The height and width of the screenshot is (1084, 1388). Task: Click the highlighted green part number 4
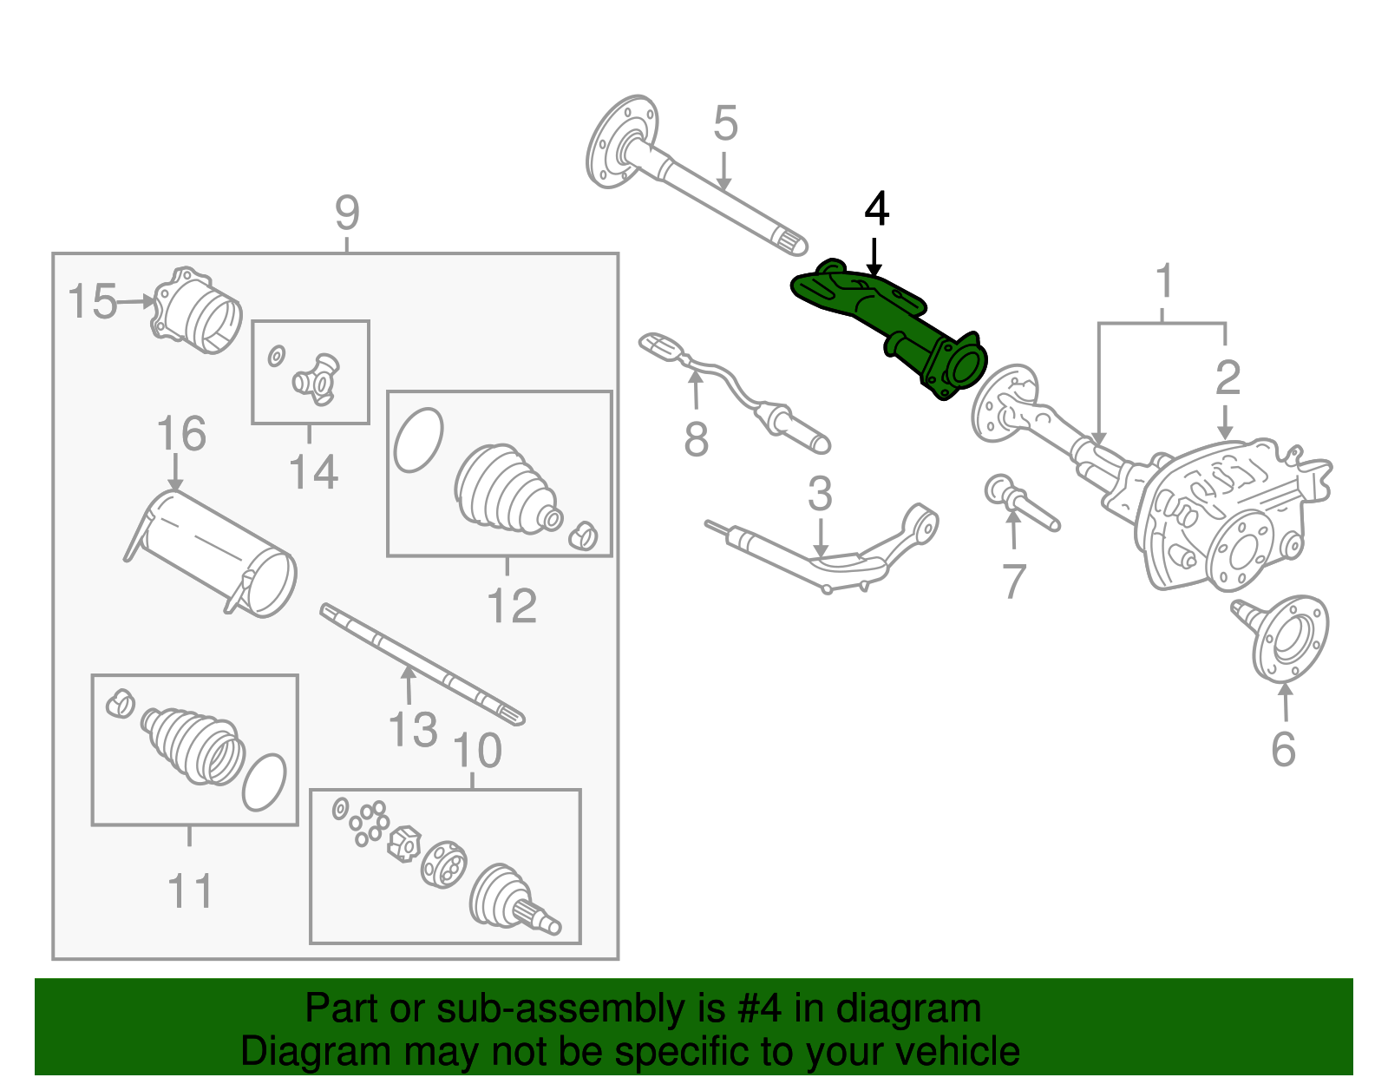click(894, 325)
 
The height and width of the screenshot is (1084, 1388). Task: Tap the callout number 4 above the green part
click(876, 210)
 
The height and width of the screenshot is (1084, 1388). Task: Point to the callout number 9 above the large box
click(347, 213)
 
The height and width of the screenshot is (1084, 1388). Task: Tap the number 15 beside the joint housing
click(91, 302)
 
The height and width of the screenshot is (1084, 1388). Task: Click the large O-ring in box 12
click(418, 439)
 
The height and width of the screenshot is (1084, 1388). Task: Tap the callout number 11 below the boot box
click(190, 891)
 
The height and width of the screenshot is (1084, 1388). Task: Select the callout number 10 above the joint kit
click(477, 751)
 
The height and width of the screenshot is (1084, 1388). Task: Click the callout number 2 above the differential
click(1227, 378)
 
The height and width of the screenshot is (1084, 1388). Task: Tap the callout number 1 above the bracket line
click(1164, 282)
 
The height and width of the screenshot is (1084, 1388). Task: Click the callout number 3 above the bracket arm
click(820, 495)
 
